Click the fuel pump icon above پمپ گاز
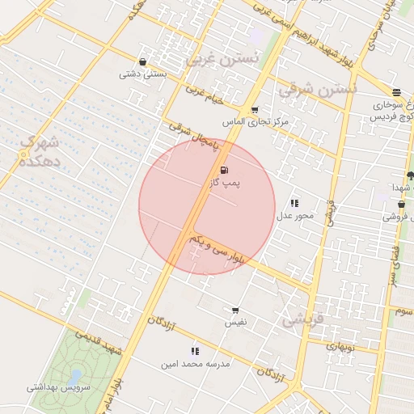pyautogui.click(x=224, y=171)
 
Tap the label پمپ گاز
pyautogui.click(x=224, y=184)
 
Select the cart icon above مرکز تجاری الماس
pyautogui.click(x=256, y=110)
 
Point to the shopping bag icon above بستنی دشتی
pyautogui.click(x=143, y=61)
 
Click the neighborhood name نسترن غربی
pyautogui.click(x=222, y=59)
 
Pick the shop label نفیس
pyautogui.click(x=235, y=322)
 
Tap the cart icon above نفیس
pyautogui.click(x=235, y=310)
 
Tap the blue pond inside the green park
pyautogui.click(x=75, y=377)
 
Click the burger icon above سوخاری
pyautogui.click(x=395, y=92)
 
